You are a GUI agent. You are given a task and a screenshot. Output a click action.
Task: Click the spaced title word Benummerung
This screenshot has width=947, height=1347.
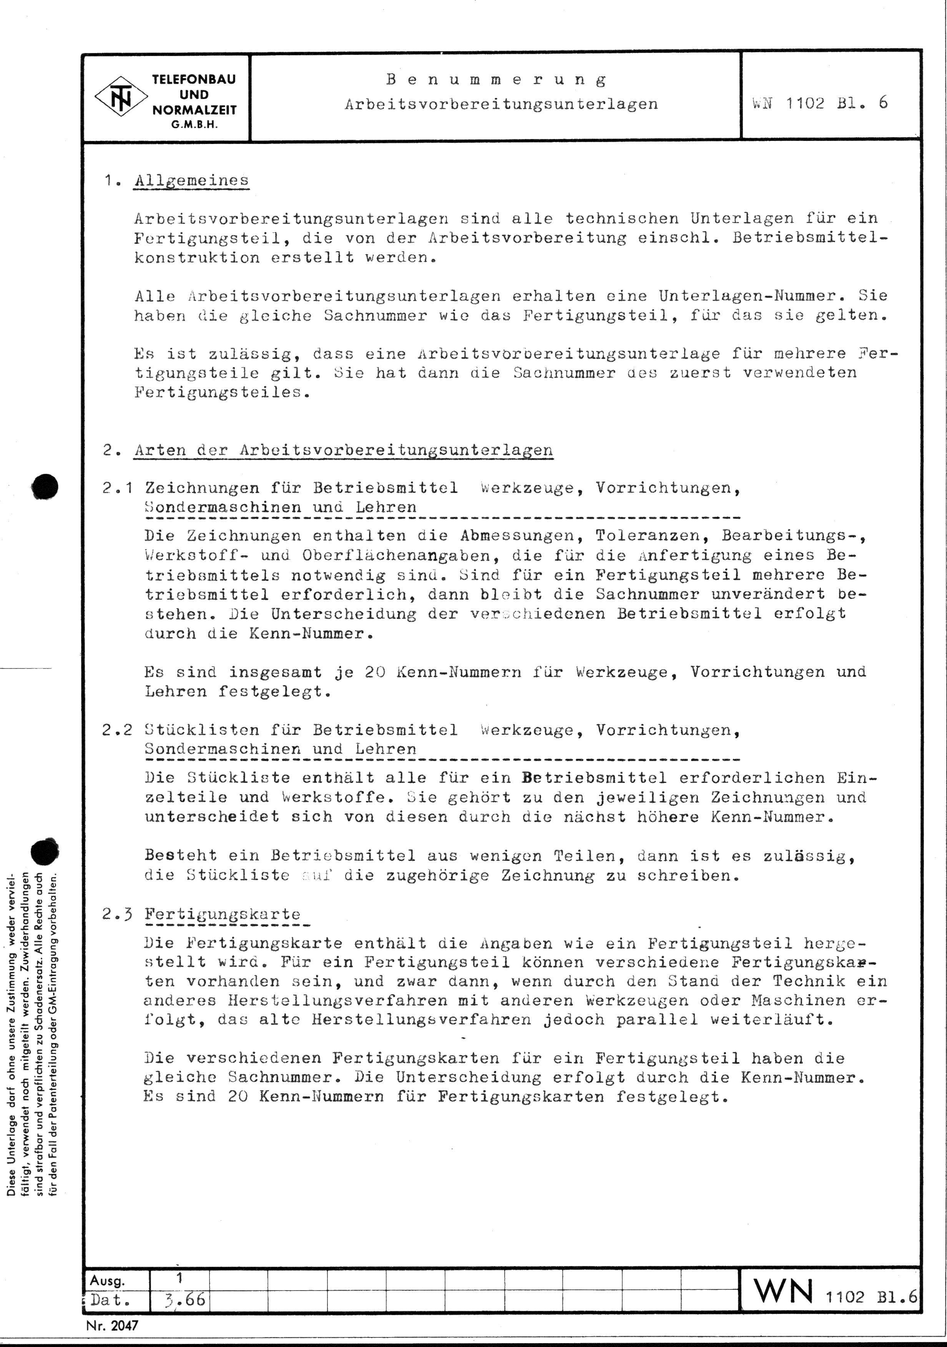(x=496, y=79)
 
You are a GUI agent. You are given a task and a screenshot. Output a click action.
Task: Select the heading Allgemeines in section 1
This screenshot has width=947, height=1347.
(x=191, y=181)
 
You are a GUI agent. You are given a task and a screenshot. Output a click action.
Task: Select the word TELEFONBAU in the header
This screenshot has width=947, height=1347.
(x=194, y=80)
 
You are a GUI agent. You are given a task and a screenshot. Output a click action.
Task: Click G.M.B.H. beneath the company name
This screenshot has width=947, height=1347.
(x=194, y=124)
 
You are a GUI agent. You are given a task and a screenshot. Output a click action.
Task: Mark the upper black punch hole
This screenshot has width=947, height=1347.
(x=46, y=486)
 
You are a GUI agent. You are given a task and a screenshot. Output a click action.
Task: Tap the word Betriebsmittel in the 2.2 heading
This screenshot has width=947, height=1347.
(x=385, y=730)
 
